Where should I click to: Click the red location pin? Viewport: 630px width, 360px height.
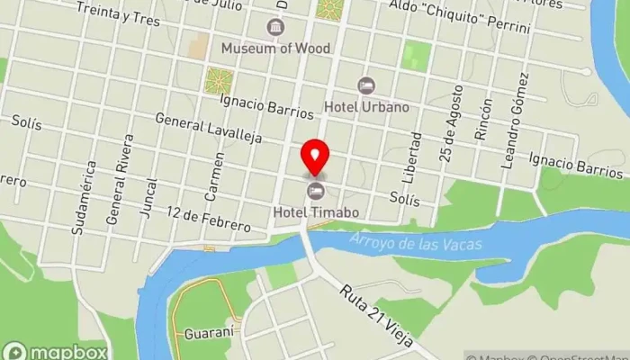pyautogui.click(x=314, y=158)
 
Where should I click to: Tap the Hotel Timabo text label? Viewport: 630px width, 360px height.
pyautogui.click(x=317, y=212)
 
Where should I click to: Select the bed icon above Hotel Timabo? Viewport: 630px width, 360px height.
pyautogui.click(x=316, y=190)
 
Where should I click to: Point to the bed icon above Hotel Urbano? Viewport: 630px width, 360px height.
pyautogui.click(x=365, y=85)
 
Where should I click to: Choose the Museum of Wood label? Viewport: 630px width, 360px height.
pyautogui.click(x=275, y=48)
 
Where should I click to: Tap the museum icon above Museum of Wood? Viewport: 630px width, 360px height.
pyautogui.click(x=274, y=27)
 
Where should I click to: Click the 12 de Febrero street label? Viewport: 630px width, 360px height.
pyautogui.click(x=209, y=219)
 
